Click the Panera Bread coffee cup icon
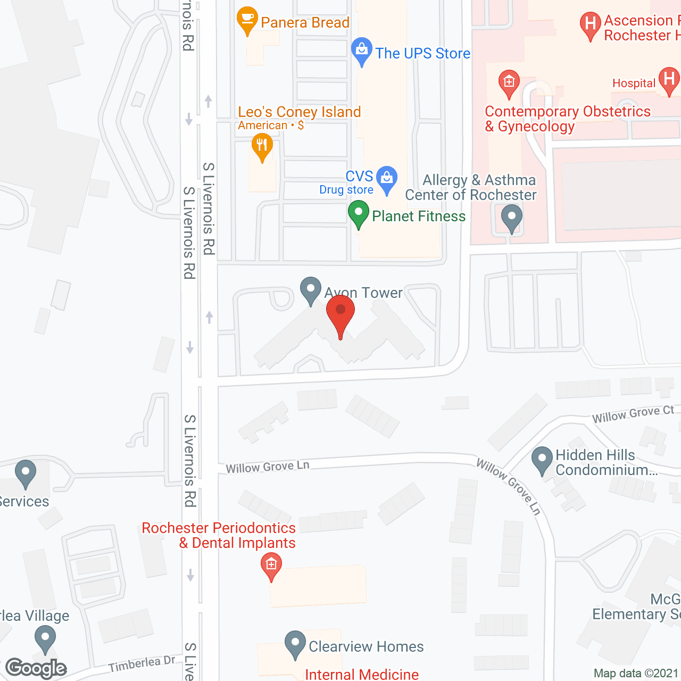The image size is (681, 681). pos(247,19)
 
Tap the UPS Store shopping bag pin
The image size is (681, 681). pos(362,51)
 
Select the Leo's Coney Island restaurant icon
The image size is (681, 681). pos(262,145)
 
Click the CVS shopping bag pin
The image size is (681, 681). pos(387,179)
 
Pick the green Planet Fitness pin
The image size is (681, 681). pos(359,213)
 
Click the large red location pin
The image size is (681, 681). pos(340,314)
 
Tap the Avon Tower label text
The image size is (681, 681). pos(364,293)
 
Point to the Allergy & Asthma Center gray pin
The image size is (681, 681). pos(512,218)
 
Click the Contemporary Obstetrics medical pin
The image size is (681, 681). pos(509,83)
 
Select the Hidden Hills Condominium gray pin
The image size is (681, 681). pos(542,459)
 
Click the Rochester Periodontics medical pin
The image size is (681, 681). pos(271,565)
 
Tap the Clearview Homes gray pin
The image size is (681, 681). pos(295,644)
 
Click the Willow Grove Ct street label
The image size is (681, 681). pos(633,414)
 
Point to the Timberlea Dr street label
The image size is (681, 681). pos(142,663)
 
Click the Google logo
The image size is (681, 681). pos(36,668)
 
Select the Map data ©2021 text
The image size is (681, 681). pos(636,674)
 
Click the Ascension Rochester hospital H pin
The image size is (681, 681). pos(590,24)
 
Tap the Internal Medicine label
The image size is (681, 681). pos(362,674)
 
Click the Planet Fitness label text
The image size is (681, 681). pos(419,216)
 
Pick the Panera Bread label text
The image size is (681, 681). pos(305,22)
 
